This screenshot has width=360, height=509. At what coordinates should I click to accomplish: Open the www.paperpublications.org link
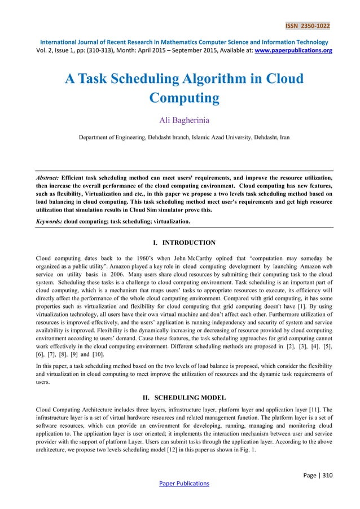(288, 50)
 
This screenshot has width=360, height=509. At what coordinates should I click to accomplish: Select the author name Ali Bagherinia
(179, 120)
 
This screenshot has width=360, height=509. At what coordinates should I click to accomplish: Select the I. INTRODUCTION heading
(179, 243)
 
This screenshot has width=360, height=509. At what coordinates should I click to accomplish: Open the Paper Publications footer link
(179, 483)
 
